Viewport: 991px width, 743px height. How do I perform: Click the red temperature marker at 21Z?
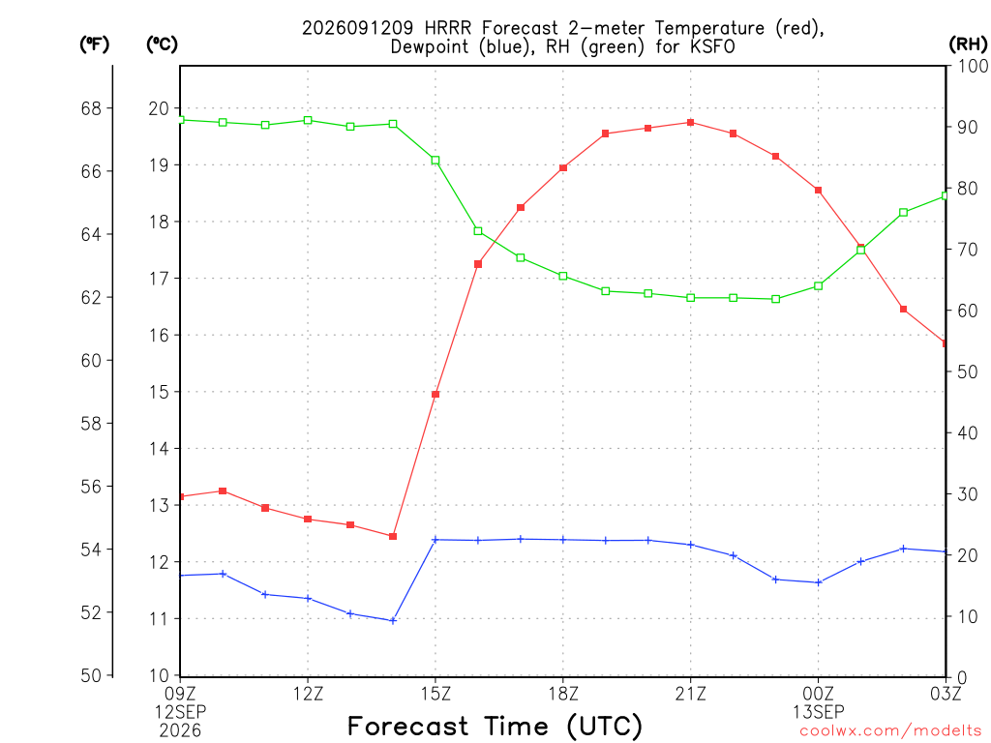tap(691, 123)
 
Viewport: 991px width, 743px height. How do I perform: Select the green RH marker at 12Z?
tap(308, 120)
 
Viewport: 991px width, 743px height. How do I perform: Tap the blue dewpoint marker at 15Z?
tap(435, 540)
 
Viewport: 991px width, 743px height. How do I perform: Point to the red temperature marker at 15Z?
tap(435, 395)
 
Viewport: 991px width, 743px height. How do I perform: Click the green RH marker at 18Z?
tap(563, 276)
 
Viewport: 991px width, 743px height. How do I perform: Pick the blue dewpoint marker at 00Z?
tap(819, 582)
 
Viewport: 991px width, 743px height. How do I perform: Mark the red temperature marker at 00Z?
tap(818, 191)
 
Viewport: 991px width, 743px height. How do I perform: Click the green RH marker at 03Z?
tap(946, 195)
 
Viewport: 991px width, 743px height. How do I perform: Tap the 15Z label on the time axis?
tap(435, 694)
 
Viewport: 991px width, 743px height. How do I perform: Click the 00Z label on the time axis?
tap(819, 694)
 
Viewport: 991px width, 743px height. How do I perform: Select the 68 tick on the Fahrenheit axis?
tap(91, 108)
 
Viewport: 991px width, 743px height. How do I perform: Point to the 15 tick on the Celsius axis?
tap(159, 392)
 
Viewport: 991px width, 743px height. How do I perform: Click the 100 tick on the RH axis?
tap(972, 66)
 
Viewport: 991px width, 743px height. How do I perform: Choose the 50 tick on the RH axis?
tap(967, 371)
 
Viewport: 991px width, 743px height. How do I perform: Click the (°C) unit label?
tap(162, 45)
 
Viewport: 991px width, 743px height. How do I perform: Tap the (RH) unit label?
tap(968, 45)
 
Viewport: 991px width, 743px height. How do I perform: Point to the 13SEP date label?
tap(819, 712)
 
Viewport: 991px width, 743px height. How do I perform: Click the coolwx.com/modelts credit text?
tap(891, 731)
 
